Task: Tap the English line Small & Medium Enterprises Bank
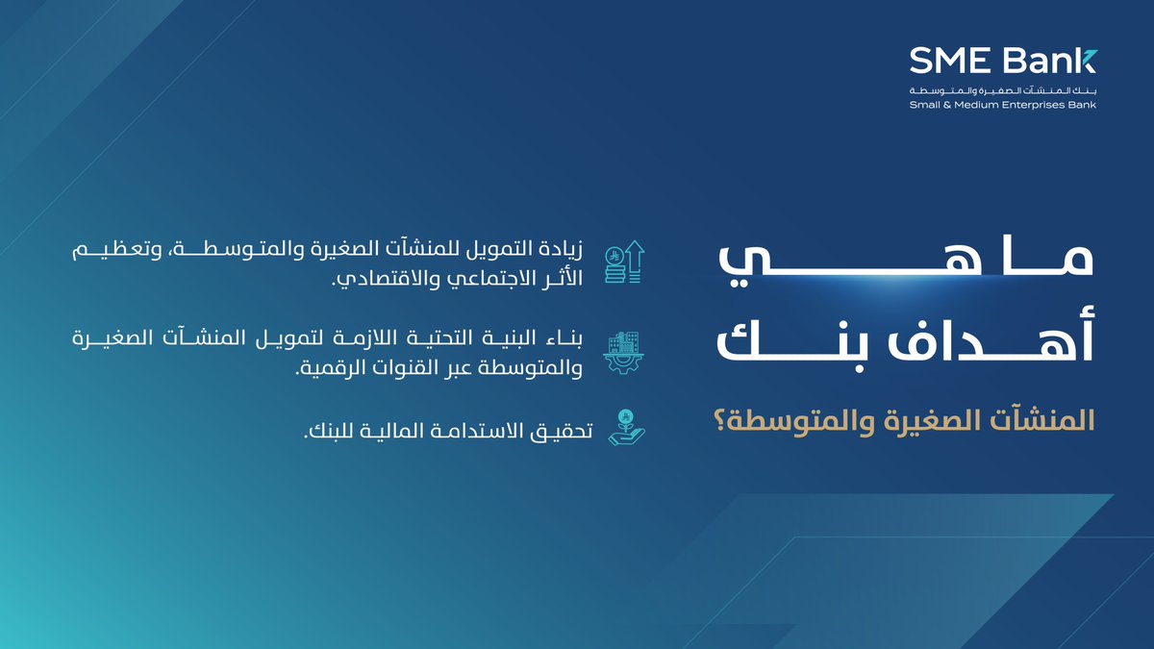[1002, 105]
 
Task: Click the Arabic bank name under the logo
[1002, 90]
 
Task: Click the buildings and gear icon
[624, 353]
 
